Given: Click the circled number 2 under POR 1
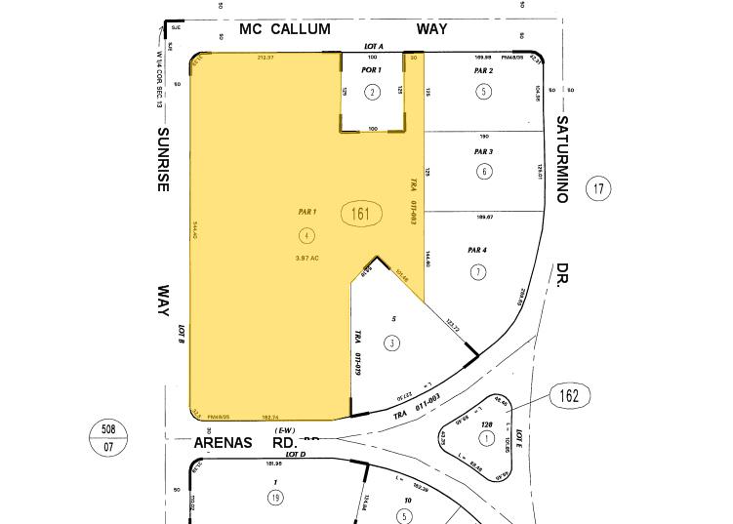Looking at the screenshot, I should coord(372,93).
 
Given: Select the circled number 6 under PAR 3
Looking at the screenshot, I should coord(484,172).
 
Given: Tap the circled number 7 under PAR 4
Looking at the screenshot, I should coord(477,272).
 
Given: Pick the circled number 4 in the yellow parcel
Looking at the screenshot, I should coord(307,234).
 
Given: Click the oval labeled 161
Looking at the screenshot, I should coord(361,214).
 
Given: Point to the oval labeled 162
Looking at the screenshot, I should coord(570,396).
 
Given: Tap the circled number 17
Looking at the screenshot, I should coord(598,188).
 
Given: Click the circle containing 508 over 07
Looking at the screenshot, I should coord(108,435).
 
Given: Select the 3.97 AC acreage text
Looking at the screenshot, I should coord(307,258).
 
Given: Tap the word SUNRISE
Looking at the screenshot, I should coord(164,159).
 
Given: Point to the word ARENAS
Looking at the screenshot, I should coord(224,443).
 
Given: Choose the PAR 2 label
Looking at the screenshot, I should coord(483,71).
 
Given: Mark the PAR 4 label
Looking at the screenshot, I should coord(477,251).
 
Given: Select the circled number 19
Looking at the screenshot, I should coord(276,498).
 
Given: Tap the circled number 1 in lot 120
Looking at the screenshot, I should coord(486,438).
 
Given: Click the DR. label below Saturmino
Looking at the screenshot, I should coord(564,273).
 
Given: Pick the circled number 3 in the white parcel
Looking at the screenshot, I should coord(391,343).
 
